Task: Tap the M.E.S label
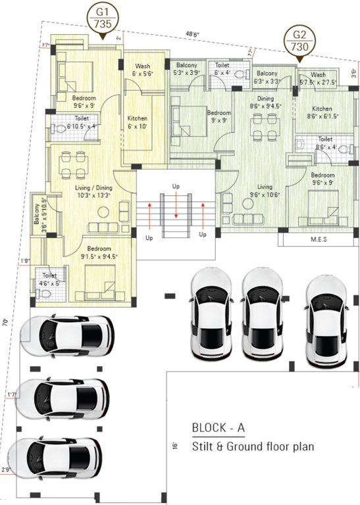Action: pos(318,240)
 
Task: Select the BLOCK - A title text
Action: pos(218,427)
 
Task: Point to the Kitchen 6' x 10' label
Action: pos(138,122)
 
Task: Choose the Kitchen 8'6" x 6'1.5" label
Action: pos(321,112)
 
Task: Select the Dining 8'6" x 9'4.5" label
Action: pos(265,101)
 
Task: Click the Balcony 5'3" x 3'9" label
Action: pos(188,69)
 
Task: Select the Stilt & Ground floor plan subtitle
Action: pos(253,446)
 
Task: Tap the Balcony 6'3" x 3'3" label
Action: pos(267,78)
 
